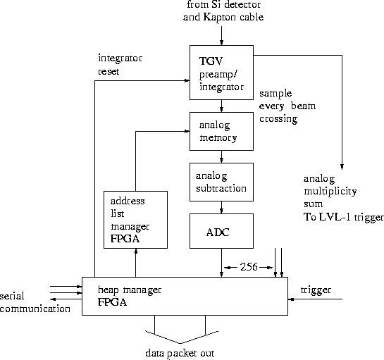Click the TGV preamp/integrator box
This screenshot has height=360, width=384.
[x=221, y=73]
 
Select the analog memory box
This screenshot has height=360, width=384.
[x=221, y=130]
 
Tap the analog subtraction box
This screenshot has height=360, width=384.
[x=221, y=182]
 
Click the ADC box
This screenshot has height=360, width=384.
[x=221, y=232]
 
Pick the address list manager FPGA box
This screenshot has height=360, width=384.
[x=135, y=219]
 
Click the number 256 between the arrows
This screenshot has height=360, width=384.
[x=248, y=267]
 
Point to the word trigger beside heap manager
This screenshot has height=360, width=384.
[x=316, y=290]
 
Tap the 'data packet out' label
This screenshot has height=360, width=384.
[x=180, y=352]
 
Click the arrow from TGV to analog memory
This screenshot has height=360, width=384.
[x=222, y=106]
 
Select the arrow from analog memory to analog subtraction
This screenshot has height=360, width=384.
[x=222, y=156]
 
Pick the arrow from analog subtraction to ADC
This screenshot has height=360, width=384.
[x=222, y=207]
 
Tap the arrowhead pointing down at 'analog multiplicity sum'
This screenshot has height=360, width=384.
[x=342, y=167]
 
